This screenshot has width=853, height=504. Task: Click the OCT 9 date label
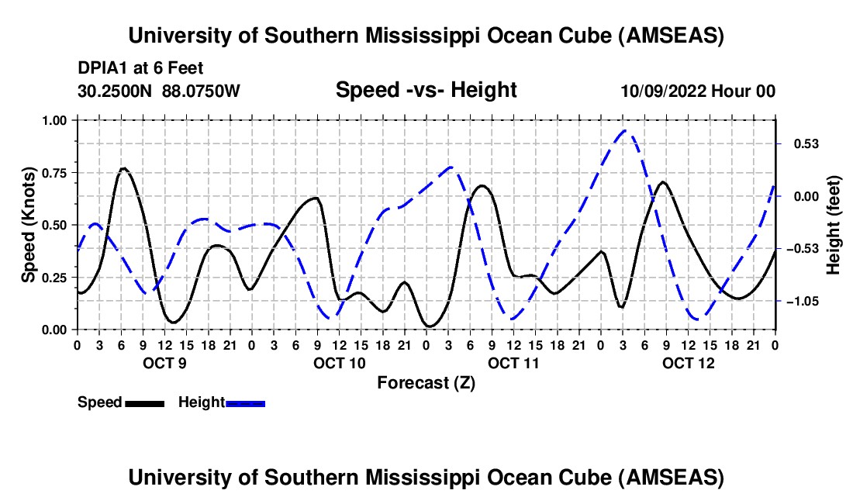[x=164, y=363]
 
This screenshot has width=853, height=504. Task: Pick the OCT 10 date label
[x=339, y=363]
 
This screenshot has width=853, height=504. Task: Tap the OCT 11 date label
[x=513, y=363]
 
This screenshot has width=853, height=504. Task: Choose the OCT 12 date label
[x=688, y=363]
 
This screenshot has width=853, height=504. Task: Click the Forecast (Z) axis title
[x=426, y=382]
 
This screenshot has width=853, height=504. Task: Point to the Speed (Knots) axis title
[x=29, y=225]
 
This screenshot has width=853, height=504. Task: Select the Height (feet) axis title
[x=834, y=225]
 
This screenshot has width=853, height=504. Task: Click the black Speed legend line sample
[x=143, y=403]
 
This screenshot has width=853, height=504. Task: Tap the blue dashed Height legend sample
[x=245, y=403]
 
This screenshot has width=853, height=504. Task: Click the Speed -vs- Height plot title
[x=426, y=91]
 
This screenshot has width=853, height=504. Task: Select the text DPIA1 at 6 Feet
[x=140, y=69]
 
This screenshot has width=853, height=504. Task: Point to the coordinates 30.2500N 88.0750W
[x=159, y=91]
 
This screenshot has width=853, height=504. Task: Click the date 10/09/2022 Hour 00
[x=698, y=91]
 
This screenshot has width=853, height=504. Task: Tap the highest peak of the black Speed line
[x=123, y=168]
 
